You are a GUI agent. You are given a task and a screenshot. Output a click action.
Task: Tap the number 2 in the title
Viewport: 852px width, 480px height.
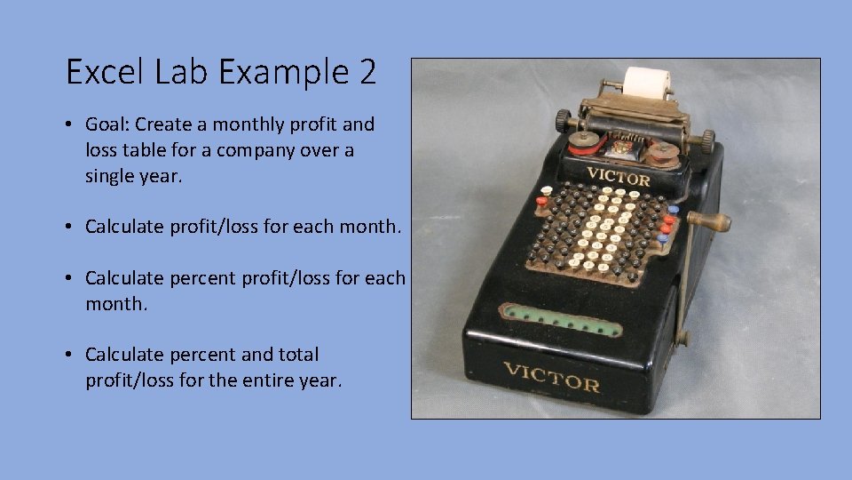367,72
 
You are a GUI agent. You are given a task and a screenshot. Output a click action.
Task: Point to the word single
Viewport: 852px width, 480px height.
112,176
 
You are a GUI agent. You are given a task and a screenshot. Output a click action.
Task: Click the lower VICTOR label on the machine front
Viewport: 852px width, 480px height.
551,379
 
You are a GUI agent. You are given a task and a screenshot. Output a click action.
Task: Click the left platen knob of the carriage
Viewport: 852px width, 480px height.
563,119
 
